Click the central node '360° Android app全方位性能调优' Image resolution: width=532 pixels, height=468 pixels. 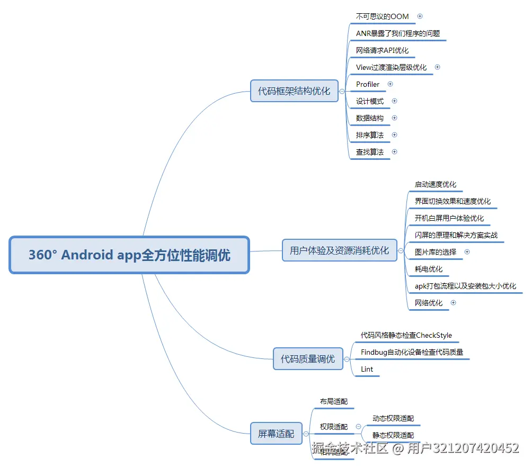pos(129,255)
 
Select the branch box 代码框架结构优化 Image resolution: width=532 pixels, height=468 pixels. pos(294,91)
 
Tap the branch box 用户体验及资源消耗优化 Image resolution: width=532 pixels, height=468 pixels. pos(339,250)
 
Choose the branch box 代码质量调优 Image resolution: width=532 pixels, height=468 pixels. pos(307,359)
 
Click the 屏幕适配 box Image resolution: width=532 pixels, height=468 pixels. pos(276,434)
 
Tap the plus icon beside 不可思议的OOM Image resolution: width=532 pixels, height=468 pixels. pos(420,16)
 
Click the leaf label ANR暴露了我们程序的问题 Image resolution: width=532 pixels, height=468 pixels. pos(397,33)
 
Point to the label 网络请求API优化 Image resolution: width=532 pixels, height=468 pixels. pos(382,50)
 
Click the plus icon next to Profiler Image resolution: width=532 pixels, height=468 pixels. pos(391,84)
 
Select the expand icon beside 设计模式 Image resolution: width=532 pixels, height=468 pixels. pos(394,101)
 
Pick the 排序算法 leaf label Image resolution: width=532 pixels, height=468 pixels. pos(370,135)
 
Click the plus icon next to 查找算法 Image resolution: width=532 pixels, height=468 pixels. pos(394,152)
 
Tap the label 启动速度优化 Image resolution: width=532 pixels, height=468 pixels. pos(435,184)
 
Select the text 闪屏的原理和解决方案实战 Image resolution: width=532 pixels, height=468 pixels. pos(456,235)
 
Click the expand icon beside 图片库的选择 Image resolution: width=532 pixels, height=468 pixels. pos(467,252)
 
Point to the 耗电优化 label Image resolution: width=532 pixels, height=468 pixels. pos(428,269)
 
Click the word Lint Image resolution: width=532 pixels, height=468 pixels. pos(367,369)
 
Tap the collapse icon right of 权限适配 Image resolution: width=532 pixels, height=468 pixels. pos(359,427)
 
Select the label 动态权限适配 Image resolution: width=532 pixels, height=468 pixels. pos(393,418)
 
